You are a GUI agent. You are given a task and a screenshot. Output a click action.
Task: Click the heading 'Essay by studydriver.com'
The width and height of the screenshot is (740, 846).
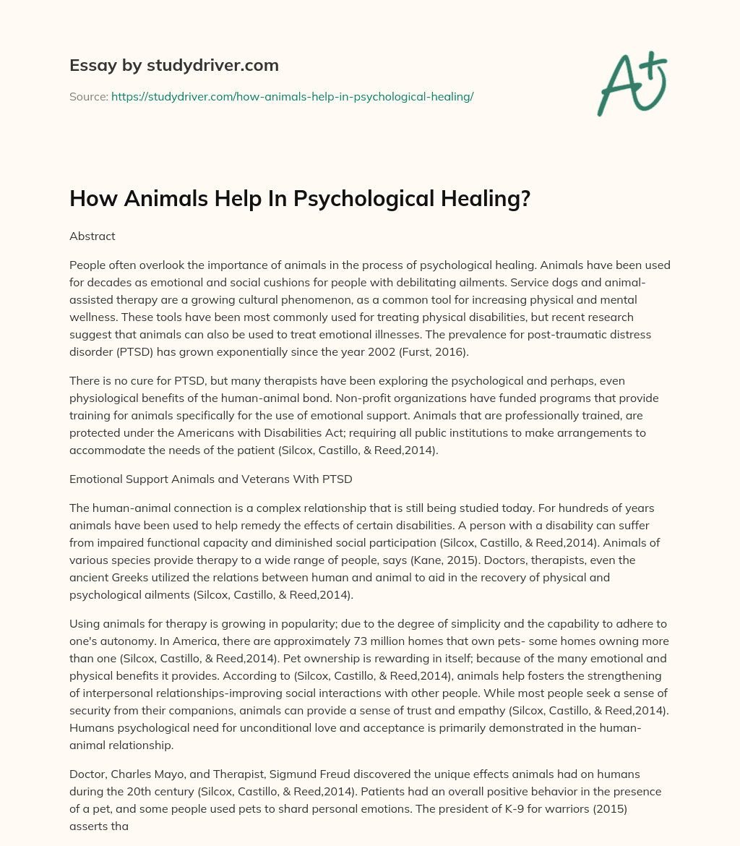tap(173, 65)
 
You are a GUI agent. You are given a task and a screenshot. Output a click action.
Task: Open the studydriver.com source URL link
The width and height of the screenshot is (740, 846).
tap(292, 96)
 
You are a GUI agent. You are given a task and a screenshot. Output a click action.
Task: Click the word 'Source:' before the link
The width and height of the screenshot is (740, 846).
tap(88, 96)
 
